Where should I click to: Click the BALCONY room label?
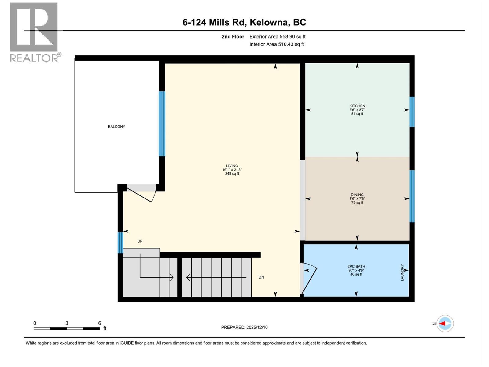[116, 127]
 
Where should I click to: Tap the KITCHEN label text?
[357, 106]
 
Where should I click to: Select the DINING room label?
[357, 195]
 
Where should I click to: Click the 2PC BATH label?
[356, 266]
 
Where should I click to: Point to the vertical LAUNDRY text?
[402, 273]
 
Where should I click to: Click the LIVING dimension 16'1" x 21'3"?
[232, 170]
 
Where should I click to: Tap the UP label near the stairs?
[140, 241]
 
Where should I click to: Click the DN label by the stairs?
[261, 277]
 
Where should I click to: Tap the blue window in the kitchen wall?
[412, 112]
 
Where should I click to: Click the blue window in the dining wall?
[412, 196]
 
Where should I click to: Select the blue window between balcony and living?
[162, 124]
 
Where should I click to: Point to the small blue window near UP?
[120, 243]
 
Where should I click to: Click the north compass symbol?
[445, 324]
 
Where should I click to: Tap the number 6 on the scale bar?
[99, 323]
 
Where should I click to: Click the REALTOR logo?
[34, 32]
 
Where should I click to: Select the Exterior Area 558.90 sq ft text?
[277, 37]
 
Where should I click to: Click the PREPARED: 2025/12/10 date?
[244, 327]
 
